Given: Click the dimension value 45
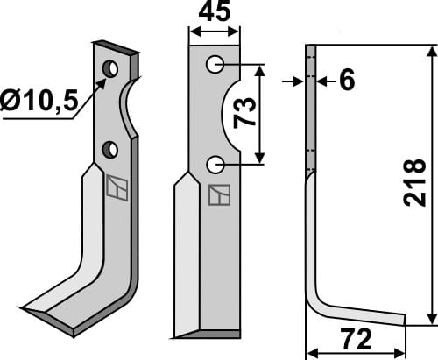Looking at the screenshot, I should point(215,13).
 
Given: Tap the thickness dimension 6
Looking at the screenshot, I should point(346,81).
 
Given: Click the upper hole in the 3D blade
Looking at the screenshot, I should point(110,68).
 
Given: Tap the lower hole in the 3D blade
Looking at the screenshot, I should point(110,150).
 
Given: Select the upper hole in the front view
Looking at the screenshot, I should point(215,64).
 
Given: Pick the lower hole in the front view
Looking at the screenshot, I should point(215,164).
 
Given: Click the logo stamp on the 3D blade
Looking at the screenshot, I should point(115,187).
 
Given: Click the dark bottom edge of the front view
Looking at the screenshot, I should point(208,335).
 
